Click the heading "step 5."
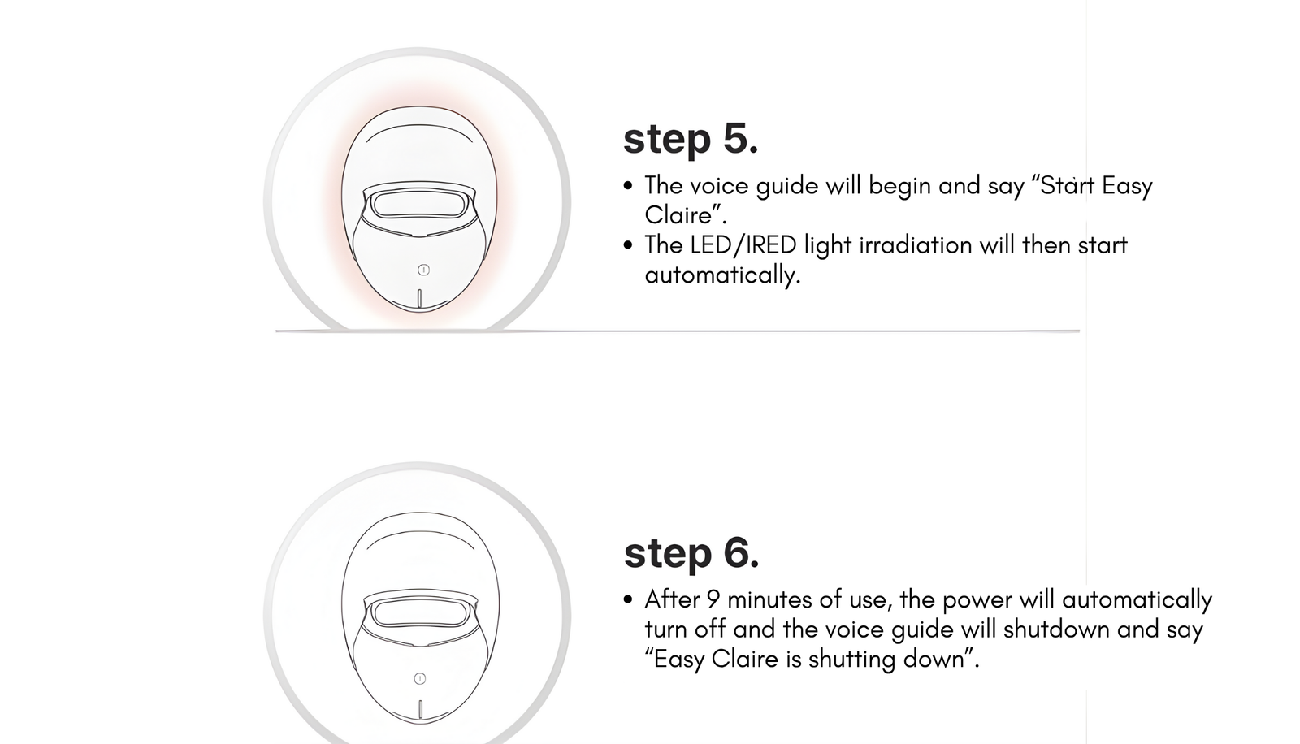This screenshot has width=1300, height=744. tap(691, 139)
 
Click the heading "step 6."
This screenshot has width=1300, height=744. tap(691, 553)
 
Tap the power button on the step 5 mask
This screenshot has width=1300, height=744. tap(423, 270)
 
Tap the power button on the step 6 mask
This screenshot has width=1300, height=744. tap(420, 678)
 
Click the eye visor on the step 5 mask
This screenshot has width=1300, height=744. tap(419, 205)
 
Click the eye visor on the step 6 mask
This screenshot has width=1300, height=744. tap(419, 613)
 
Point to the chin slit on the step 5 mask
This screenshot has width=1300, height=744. tap(419, 298)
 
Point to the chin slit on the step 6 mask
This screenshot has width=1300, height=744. tap(420, 708)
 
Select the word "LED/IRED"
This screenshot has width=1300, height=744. tap(743, 245)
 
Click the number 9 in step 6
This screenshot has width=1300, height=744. tap(713, 599)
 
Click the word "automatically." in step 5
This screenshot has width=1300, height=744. tap(722, 275)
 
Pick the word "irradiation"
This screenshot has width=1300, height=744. tap(916, 245)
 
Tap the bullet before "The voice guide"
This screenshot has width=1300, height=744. tap(627, 186)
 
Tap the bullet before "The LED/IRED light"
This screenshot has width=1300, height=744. tap(627, 245)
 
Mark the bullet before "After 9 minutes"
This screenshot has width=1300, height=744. tap(627, 600)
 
